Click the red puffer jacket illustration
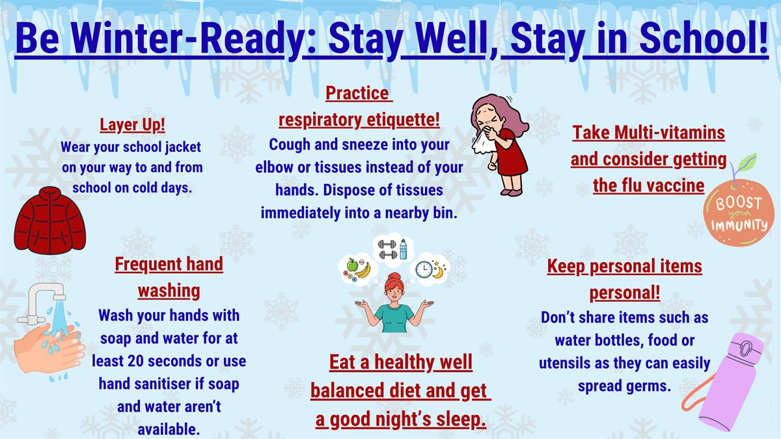point(50,220)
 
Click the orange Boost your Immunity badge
point(739,213)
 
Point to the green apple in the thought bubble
point(353,265)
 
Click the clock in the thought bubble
point(424,269)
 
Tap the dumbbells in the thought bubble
point(387,250)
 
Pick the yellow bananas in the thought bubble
point(363,271)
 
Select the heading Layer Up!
point(133,125)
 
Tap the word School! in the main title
point(704,38)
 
